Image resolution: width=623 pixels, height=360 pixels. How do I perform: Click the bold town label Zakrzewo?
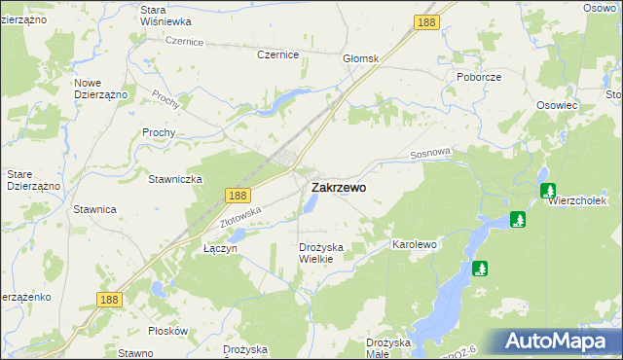[339, 188]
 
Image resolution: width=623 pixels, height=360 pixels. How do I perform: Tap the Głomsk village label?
[359, 59]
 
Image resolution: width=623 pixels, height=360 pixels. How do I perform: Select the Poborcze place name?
[478, 76]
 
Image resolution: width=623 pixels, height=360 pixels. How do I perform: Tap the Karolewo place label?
[414, 244]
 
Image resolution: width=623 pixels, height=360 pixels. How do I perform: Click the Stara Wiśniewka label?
[165, 15]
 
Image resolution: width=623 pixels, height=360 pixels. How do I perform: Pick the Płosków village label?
[168, 331]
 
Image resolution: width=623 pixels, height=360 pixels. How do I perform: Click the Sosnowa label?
[432, 153]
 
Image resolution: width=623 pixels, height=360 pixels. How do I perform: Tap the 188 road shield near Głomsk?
[424, 21]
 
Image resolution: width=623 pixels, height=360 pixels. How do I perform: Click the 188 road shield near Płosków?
[109, 300]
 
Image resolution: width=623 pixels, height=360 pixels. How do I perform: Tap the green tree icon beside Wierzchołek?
[548, 191]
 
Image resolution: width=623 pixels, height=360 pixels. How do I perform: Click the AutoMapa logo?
[560, 342]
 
